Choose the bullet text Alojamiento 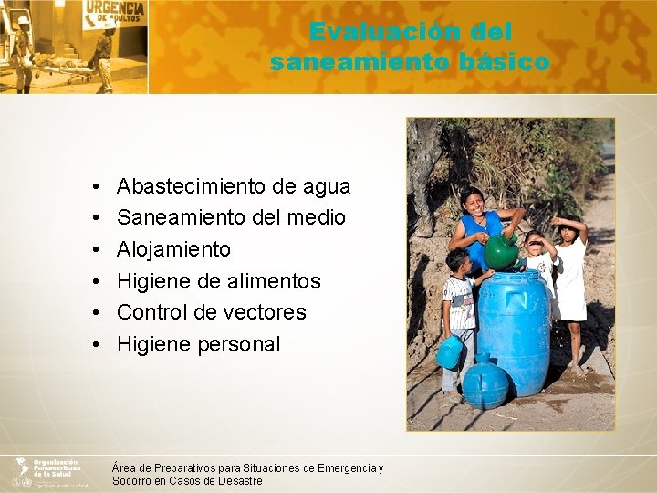173,249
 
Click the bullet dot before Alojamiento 96,250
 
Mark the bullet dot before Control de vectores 96,313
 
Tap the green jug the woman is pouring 500,252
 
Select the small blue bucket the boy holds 449,352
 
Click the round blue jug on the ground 485,384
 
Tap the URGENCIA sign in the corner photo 114,15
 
